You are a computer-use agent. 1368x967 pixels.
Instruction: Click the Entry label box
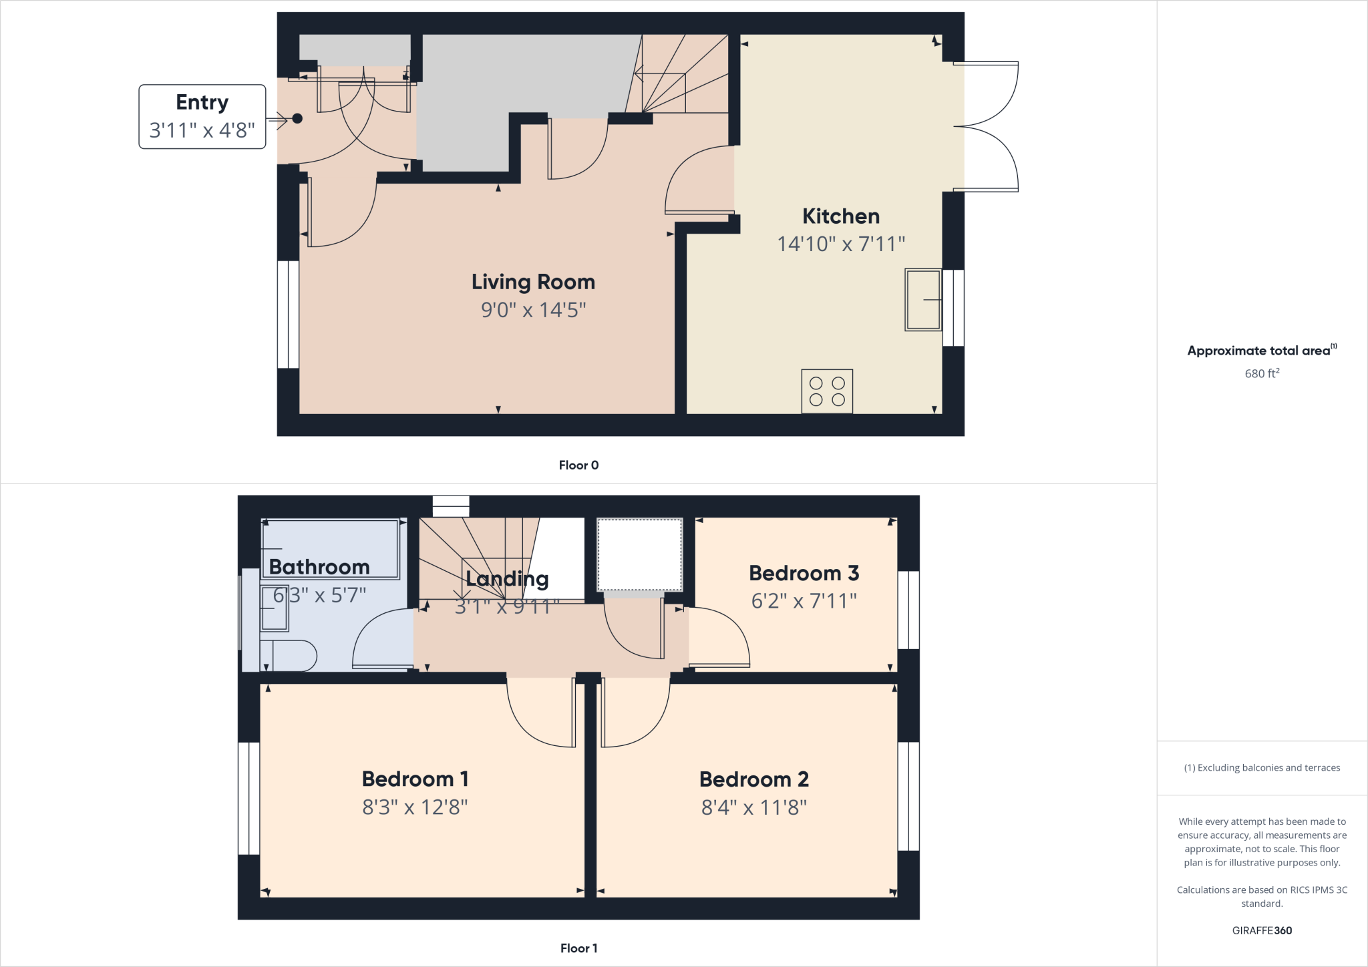pyautogui.click(x=202, y=116)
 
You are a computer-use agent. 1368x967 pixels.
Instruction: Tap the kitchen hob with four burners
pyautogui.click(x=827, y=391)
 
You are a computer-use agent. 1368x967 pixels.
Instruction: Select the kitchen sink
pyautogui.click(x=923, y=300)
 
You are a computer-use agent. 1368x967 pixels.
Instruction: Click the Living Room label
pyautogui.click(x=533, y=282)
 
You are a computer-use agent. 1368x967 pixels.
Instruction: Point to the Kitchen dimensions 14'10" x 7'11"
pyautogui.click(x=841, y=244)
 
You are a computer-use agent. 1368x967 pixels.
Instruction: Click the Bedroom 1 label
pyautogui.click(x=415, y=779)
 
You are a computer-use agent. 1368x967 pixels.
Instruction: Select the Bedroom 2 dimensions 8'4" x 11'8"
pyautogui.click(x=753, y=807)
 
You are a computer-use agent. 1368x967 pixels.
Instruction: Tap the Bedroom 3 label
pyautogui.click(x=804, y=573)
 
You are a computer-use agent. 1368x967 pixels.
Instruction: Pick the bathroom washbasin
pyautogui.click(x=274, y=608)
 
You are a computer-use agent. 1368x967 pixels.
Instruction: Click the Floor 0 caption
pyautogui.click(x=578, y=465)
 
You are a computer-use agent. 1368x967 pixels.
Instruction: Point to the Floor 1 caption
pyautogui.click(x=578, y=948)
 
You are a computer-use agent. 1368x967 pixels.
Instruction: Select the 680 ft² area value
pyautogui.click(x=1262, y=373)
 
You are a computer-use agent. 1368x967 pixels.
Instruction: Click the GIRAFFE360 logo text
pyautogui.click(x=1262, y=930)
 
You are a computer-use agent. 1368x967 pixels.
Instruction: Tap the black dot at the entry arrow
pyautogui.click(x=297, y=119)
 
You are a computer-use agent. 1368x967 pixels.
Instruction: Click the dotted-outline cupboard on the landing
pyautogui.click(x=639, y=554)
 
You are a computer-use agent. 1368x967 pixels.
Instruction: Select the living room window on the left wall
pyautogui.click(x=288, y=314)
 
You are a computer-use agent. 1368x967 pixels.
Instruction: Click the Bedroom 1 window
pyautogui.click(x=248, y=798)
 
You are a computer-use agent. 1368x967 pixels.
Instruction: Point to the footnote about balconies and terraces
pyautogui.click(x=1262, y=768)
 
